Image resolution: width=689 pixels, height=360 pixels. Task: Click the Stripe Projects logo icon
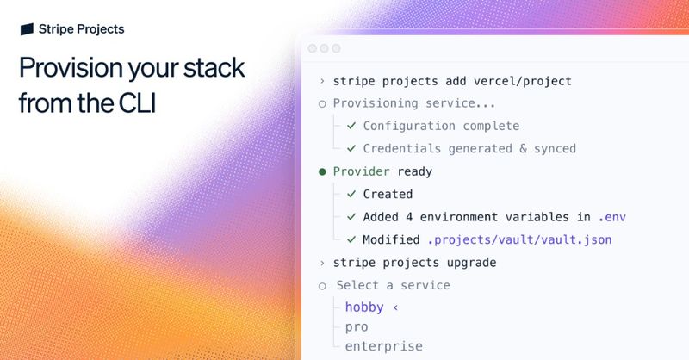27,29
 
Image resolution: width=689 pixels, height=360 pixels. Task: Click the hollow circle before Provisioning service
322,103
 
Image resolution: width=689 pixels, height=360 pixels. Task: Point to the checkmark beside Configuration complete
351,126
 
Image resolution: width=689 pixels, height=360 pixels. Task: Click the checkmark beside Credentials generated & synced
351,148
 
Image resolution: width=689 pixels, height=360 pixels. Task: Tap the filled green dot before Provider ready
322,171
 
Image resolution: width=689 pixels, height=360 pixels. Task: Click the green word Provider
362,171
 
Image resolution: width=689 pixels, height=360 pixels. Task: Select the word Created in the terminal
388,194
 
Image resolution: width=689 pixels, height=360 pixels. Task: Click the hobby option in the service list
363,307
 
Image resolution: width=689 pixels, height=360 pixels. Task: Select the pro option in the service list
357,327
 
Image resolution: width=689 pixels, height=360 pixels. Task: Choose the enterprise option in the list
383,346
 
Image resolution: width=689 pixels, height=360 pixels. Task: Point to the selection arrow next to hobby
396,307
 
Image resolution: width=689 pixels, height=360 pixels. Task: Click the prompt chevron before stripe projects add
322,81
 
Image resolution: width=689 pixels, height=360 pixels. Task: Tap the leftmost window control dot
312,49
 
